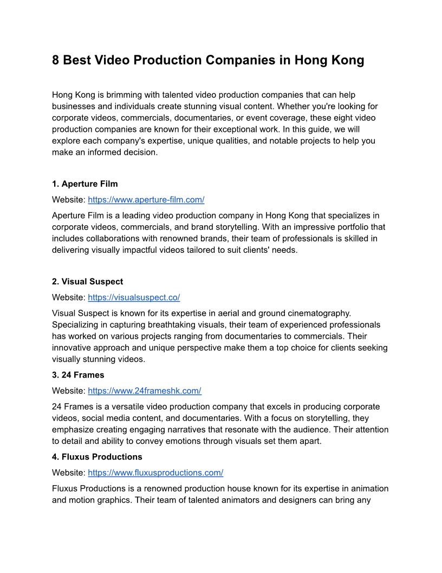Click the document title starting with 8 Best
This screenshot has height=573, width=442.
pos(208,60)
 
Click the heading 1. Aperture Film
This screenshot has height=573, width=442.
pos(84,184)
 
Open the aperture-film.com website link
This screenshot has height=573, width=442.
pos(146,200)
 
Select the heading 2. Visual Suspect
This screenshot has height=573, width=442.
pos(87,282)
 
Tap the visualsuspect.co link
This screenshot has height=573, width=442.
pos(134,297)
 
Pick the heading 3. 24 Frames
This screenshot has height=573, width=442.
pos(78,375)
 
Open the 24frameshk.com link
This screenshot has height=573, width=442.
pos(145,391)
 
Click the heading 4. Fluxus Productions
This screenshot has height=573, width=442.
pos(97,457)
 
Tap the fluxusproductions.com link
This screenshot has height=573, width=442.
pos(155,473)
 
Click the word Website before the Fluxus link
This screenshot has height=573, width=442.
pos(68,473)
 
